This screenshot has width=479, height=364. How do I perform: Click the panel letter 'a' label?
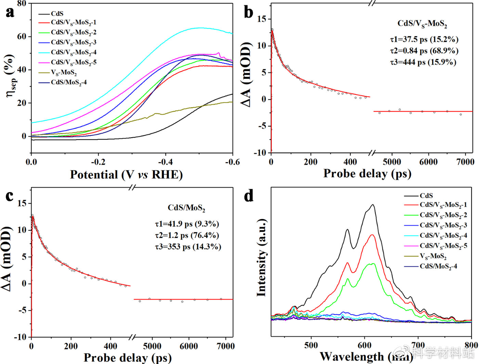(x=10, y=12)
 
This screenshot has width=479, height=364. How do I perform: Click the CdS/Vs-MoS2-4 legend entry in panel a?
(x=74, y=52)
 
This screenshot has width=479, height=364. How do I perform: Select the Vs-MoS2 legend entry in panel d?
(x=433, y=256)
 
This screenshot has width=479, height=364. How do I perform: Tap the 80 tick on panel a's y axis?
(x=22, y=4)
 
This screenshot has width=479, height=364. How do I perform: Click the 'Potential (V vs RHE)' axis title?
(x=126, y=175)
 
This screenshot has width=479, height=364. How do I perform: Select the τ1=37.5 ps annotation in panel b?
(x=424, y=39)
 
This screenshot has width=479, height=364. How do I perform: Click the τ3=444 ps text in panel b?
(x=423, y=62)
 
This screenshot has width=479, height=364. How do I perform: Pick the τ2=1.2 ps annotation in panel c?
(x=187, y=235)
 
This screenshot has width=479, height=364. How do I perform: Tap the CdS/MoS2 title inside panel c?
(x=186, y=208)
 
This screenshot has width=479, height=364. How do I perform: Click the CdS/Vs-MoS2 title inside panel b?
(x=422, y=24)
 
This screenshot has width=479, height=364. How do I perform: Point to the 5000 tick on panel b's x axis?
(x=392, y=162)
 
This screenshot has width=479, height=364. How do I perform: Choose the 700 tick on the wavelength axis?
(x=418, y=345)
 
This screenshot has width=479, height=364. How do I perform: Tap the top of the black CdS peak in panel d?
(x=372, y=205)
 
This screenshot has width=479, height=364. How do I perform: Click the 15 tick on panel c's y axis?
(x=22, y=203)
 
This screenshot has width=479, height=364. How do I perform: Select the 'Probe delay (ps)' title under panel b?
(x=367, y=173)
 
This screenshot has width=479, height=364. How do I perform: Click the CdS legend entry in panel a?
(x=57, y=14)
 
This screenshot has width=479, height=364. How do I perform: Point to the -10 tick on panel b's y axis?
(x=260, y=153)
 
